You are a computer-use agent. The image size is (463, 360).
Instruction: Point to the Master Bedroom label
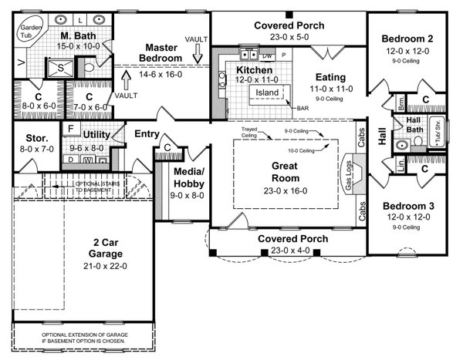pyautogui.click(x=163, y=52)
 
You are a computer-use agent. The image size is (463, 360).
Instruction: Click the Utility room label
pyautogui.click(x=97, y=135)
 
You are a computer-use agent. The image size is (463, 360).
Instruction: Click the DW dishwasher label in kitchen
pyautogui.click(x=268, y=56)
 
